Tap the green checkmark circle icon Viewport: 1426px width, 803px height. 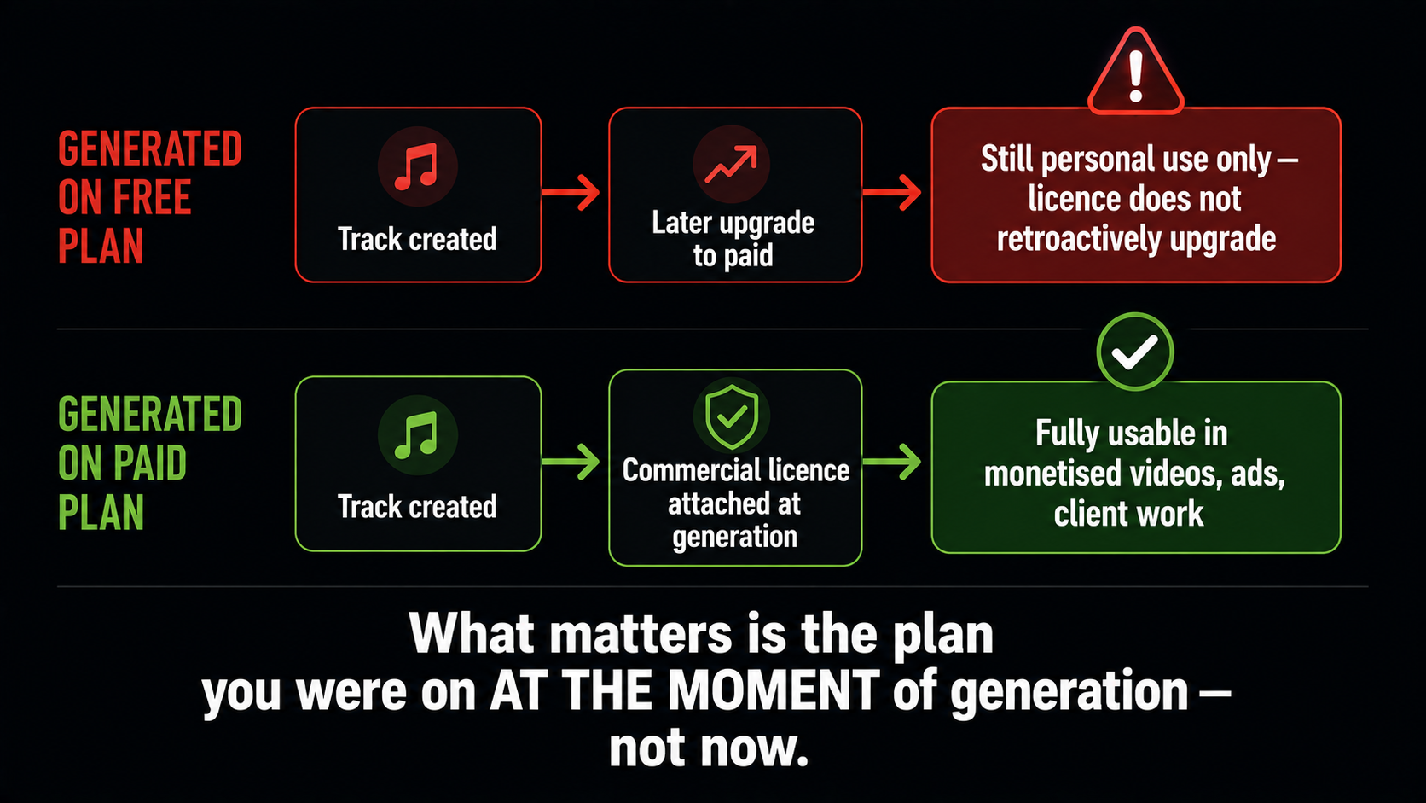1135,352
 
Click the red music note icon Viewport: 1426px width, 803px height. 416,167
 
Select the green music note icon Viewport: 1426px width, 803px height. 416,435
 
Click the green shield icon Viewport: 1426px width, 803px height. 732,416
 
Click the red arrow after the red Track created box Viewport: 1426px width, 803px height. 571,192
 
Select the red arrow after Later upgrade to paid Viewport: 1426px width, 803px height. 892,192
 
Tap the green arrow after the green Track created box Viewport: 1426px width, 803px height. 571,461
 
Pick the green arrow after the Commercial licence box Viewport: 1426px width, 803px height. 892,461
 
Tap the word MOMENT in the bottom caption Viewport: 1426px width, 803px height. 774,690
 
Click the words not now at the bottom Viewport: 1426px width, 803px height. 709,748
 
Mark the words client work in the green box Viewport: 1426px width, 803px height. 1128,514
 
